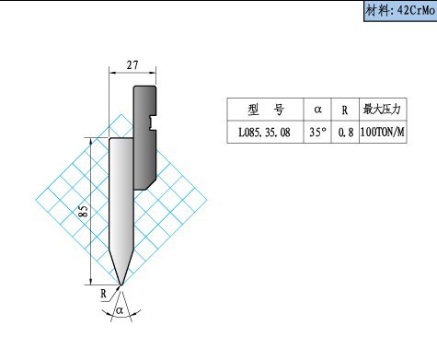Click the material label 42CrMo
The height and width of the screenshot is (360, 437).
click(x=416, y=11)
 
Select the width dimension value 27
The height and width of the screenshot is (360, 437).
click(x=132, y=65)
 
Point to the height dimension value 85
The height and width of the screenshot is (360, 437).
click(x=83, y=211)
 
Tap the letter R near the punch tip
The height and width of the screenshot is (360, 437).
click(x=103, y=294)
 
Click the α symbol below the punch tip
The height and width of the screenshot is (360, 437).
click(x=120, y=310)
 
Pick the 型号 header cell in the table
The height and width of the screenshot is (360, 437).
click(x=266, y=110)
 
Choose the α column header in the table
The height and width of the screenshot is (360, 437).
click(x=317, y=110)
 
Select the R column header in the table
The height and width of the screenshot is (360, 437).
click(x=345, y=110)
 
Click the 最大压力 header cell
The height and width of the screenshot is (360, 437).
click(x=383, y=110)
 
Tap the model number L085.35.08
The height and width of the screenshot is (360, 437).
click(x=264, y=133)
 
